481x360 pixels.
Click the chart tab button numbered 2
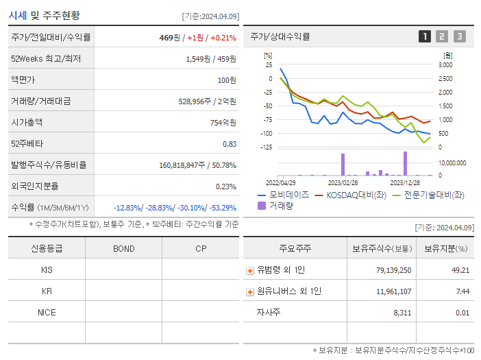442,37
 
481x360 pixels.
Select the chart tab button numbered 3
459,37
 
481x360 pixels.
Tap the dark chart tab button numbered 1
425,37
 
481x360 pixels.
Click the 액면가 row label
23,80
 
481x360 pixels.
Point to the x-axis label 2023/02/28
343,182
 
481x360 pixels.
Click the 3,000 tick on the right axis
445,64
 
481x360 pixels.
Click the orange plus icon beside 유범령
250,271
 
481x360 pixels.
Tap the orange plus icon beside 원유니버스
250,292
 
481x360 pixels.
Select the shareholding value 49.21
460,270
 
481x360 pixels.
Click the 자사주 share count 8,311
398,313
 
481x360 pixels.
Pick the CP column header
200,249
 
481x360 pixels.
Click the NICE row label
47,313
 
